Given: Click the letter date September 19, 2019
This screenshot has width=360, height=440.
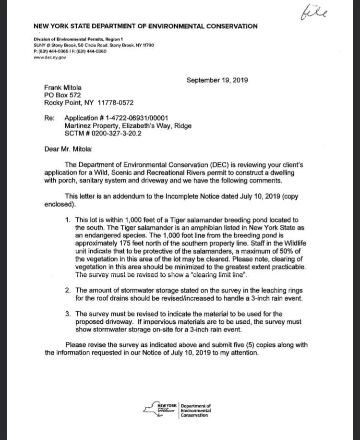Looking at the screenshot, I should (x=217, y=80).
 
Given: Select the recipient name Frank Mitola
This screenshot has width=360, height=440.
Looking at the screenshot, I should (x=63, y=88).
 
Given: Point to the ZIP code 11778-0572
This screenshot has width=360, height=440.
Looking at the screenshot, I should (x=116, y=103).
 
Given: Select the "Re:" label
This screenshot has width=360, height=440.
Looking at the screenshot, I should (x=49, y=118).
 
